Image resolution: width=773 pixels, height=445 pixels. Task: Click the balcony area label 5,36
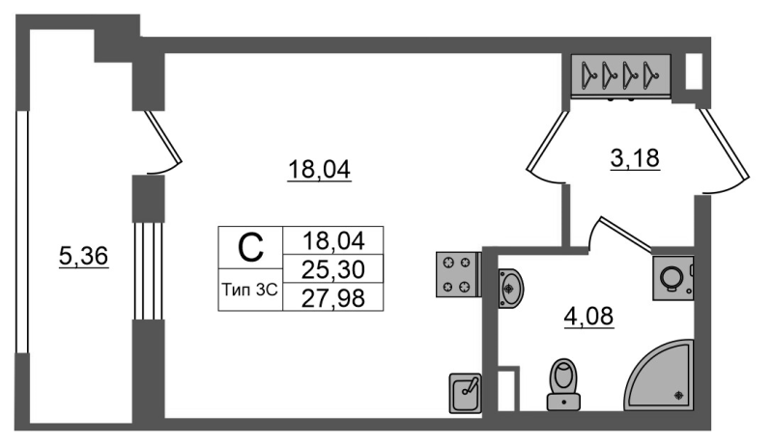tap(83, 257)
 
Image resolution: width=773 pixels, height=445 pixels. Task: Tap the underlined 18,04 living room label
tap(319, 170)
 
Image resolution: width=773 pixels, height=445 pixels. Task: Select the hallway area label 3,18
tap(635, 158)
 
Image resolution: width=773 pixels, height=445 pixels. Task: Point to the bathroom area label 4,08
tap(588, 316)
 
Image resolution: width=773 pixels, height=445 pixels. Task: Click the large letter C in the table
tap(250, 248)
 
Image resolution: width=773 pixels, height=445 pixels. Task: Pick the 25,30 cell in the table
tap(333, 269)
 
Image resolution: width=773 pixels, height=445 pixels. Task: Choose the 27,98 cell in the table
tap(333, 298)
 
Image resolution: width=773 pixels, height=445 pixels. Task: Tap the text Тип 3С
tap(250, 290)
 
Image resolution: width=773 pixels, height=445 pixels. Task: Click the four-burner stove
tap(458, 275)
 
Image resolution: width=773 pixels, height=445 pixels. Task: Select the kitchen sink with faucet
tap(466, 393)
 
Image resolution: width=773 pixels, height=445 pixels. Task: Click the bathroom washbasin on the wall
tap(510, 289)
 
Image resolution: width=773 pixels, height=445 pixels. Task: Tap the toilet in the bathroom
tap(564, 384)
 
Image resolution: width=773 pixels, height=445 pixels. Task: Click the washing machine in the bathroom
tap(673, 278)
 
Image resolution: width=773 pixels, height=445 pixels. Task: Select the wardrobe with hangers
tap(621, 75)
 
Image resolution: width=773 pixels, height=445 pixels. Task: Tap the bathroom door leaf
tap(621, 233)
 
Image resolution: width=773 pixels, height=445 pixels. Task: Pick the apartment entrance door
tap(726, 151)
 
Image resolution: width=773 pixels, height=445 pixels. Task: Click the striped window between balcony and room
tap(149, 271)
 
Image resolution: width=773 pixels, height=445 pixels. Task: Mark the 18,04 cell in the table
tap(333, 240)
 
